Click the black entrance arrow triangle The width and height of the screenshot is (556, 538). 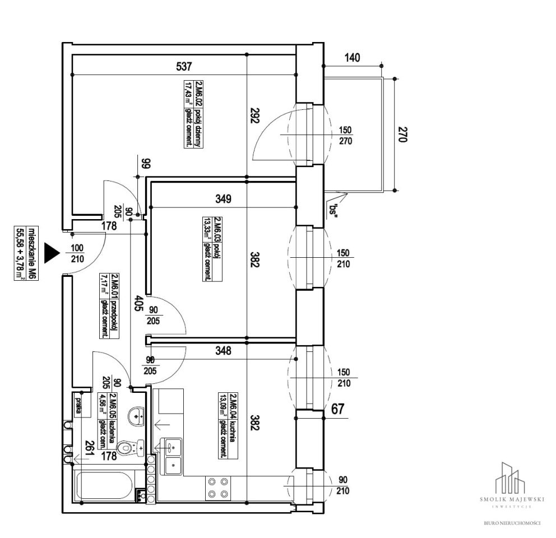[x=52, y=253]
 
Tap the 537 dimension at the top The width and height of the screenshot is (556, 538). [x=184, y=67]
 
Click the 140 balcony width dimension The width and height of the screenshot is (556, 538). [x=353, y=57]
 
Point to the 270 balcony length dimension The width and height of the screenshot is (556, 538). [x=402, y=134]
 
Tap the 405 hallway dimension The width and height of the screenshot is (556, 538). [x=138, y=308]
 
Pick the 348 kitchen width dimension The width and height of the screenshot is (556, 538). [x=223, y=351]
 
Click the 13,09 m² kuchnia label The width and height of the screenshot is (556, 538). [x=227, y=425]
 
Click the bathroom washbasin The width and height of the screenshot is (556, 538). [x=136, y=416]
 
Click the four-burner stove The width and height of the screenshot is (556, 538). [x=217, y=487]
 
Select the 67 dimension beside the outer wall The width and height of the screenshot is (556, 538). [x=337, y=409]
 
